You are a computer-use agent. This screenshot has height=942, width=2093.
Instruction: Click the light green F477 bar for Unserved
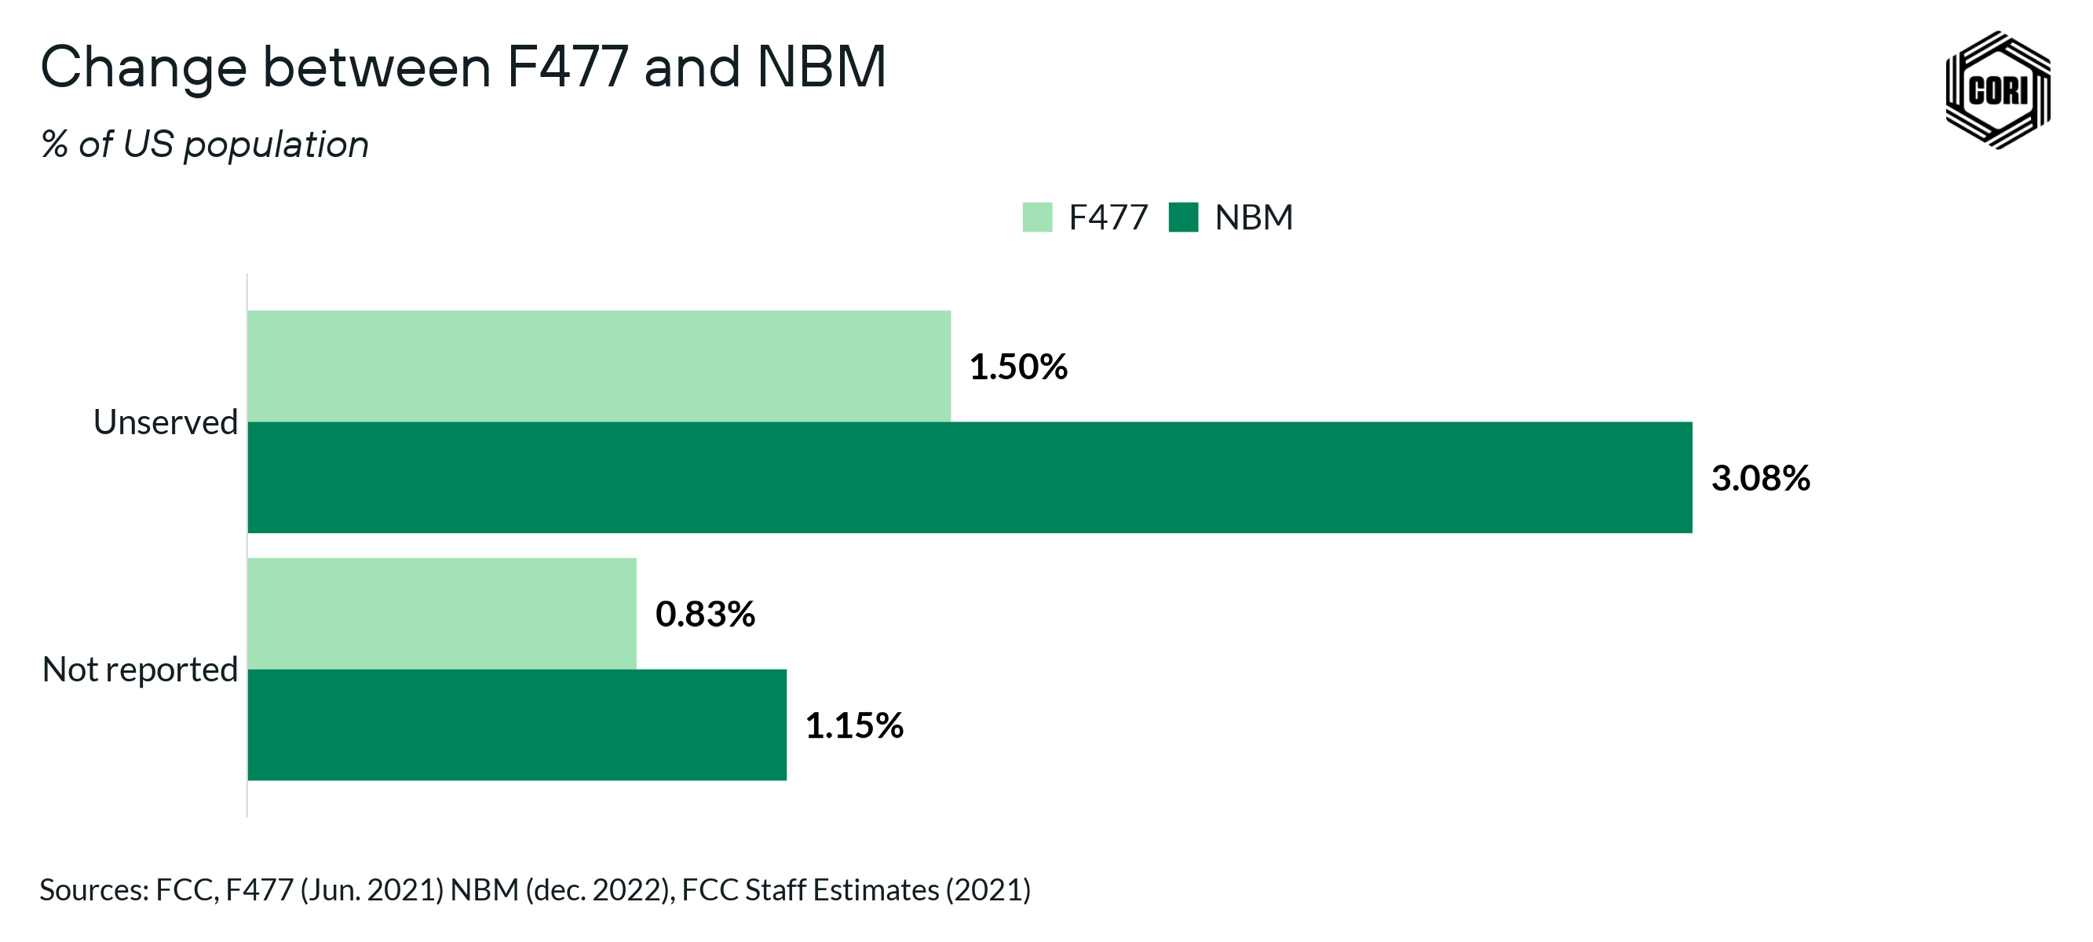[x=599, y=366]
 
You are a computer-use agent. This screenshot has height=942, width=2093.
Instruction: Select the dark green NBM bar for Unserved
[x=970, y=477]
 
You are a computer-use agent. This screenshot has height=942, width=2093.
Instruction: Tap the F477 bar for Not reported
[x=442, y=613]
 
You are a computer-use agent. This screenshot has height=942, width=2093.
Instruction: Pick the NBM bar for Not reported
[x=517, y=725]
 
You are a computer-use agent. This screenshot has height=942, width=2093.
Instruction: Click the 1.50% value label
[x=1018, y=367]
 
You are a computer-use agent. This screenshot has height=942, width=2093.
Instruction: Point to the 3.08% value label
[x=1760, y=478]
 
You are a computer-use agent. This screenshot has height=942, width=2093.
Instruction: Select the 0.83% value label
[x=704, y=614]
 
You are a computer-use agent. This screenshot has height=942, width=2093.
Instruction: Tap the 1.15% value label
[x=854, y=725]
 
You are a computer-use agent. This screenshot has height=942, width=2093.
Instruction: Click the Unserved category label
[x=166, y=422]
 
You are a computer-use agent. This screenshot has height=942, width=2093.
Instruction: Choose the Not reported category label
[x=140, y=669]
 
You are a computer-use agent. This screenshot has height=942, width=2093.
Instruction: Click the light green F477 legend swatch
[x=1037, y=217]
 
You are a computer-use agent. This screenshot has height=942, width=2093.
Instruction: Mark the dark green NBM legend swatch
[x=1183, y=217]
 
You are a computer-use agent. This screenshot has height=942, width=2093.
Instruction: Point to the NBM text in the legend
[x=1253, y=217]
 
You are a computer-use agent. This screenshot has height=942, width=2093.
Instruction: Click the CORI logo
[x=1997, y=89]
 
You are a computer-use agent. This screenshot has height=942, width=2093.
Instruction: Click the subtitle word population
[x=276, y=144]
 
